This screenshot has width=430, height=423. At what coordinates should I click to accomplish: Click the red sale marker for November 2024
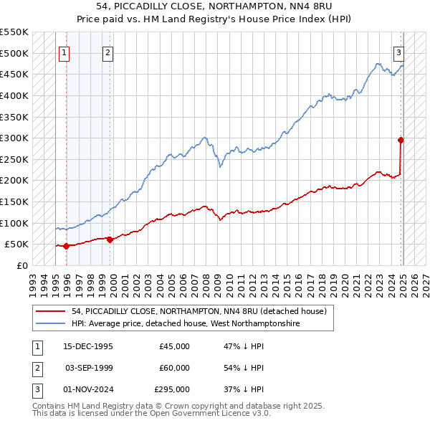tap(401, 140)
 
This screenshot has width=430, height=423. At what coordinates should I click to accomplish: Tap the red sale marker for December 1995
tap(67, 246)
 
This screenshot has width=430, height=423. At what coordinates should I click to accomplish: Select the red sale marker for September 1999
tap(110, 239)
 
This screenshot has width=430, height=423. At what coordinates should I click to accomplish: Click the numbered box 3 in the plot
tap(398, 52)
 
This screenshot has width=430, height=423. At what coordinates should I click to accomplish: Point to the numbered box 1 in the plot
tap(64, 52)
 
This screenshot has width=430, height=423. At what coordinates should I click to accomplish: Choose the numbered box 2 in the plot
tap(107, 52)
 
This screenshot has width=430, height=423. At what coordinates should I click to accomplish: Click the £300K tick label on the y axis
tap(14, 138)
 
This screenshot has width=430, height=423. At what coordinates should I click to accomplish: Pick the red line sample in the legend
tap(51, 311)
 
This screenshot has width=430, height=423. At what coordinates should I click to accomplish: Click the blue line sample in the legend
tap(51, 323)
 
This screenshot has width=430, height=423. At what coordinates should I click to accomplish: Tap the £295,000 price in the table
tap(172, 390)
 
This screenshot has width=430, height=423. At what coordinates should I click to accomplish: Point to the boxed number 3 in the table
tap(35, 390)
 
